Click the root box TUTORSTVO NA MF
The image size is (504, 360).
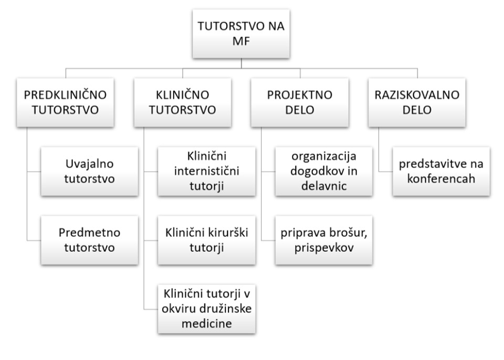(x=241, y=34)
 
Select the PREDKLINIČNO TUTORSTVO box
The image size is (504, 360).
(x=65, y=102)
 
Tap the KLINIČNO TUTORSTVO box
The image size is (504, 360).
(x=183, y=102)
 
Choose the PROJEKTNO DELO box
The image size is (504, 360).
(x=300, y=102)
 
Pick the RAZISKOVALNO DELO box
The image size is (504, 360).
(x=417, y=102)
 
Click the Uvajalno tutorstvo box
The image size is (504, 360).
(x=90, y=171)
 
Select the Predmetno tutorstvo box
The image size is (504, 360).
(x=90, y=240)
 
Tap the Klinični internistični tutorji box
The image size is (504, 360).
(x=207, y=171)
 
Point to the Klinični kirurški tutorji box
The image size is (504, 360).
(x=207, y=240)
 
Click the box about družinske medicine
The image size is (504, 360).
(x=207, y=309)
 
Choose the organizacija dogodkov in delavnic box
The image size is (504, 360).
(x=324, y=171)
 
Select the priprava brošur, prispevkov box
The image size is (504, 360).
(x=324, y=240)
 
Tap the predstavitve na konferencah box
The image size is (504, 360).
(x=442, y=171)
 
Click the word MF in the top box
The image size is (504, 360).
(x=241, y=41)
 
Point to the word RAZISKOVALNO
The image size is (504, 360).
(x=417, y=95)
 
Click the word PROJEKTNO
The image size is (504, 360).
(x=300, y=95)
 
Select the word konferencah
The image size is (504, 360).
(x=442, y=179)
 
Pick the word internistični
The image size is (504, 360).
(x=207, y=171)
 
